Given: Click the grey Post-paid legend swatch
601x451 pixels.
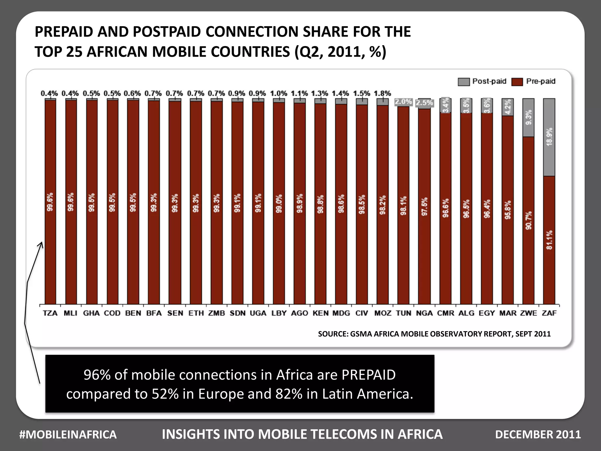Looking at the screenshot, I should [464, 82].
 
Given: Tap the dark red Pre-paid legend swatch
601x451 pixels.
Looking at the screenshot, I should [517, 82].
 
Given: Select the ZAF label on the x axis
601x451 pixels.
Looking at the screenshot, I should [549, 313].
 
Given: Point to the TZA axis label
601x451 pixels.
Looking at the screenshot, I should [50, 313].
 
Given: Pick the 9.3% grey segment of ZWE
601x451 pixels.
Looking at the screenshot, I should [528, 117].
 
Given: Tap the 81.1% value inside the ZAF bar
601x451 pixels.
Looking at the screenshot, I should [549, 240].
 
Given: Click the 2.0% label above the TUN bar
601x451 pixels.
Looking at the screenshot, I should [403, 102].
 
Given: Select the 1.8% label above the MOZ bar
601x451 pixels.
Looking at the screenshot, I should [382, 94].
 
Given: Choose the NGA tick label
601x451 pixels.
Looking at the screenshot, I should [424, 313].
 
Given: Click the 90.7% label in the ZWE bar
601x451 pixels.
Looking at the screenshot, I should [529, 220].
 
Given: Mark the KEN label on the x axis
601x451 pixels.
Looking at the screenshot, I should [320, 313].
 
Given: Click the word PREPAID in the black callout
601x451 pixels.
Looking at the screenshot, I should [368, 375].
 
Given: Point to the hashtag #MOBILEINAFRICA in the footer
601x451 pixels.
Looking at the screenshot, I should [68, 435].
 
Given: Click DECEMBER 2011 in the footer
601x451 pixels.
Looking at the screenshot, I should [538, 435].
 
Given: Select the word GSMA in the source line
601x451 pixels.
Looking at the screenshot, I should [361, 334].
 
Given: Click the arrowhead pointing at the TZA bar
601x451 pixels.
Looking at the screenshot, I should [41, 244].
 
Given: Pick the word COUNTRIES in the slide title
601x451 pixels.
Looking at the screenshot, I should [221, 52].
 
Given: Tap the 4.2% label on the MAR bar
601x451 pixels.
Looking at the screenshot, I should [508, 107].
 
